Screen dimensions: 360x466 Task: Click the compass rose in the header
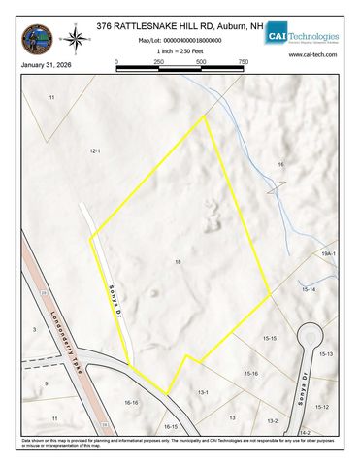(x=73, y=39)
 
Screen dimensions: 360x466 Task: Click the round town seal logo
(x=36, y=39)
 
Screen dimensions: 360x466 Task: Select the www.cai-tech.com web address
(x=311, y=55)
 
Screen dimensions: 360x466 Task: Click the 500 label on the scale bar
(x=201, y=62)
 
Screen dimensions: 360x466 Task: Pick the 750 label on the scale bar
(x=243, y=62)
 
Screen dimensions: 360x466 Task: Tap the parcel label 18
(x=178, y=263)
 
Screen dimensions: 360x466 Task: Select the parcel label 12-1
(x=95, y=152)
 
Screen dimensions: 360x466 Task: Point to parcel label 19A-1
(x=328, y=253)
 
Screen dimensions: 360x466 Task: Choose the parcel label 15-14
(x=309, y=289)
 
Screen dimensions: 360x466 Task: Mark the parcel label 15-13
(x=326, y=355)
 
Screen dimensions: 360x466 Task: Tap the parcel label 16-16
(x=132, y=402)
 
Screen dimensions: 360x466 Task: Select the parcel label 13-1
(x=204, y=392)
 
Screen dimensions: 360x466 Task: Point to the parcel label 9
(x=46, y=384)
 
